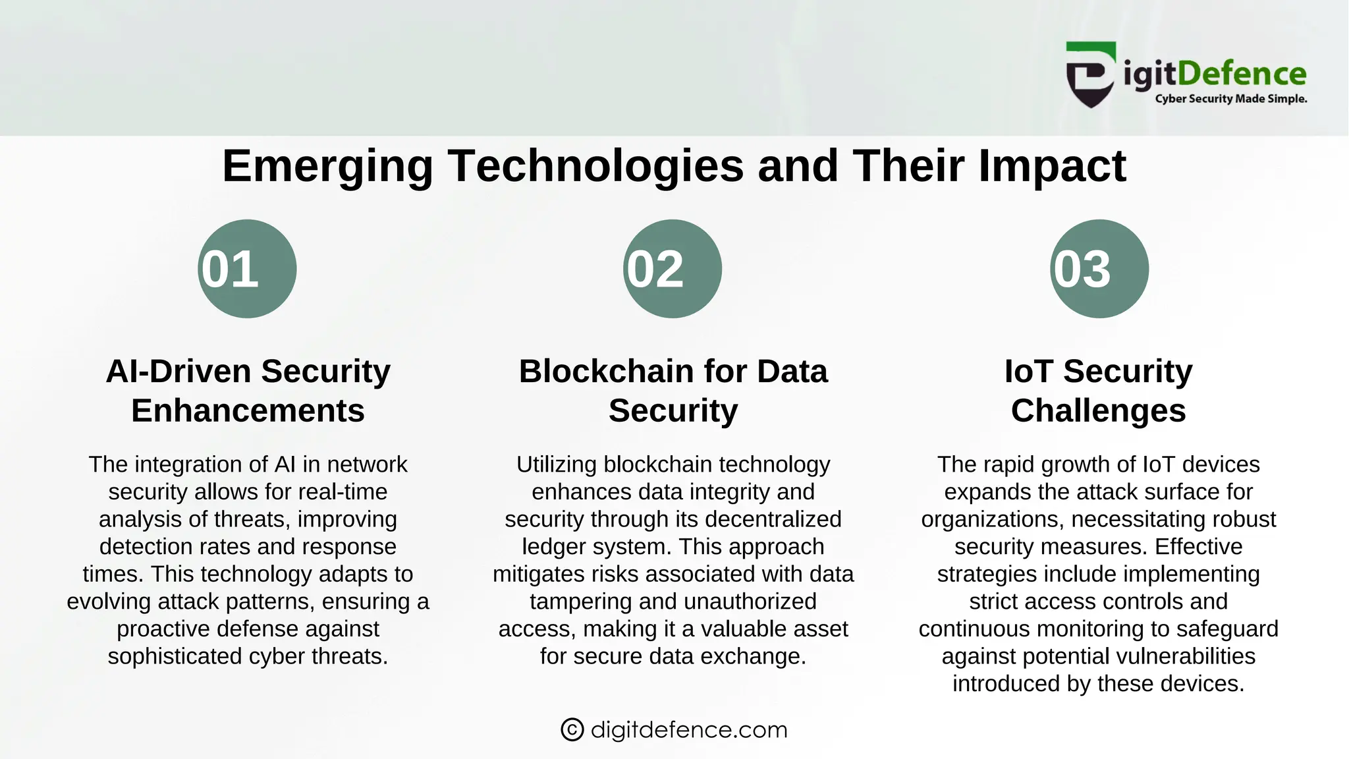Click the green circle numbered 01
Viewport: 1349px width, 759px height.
[x=247, y=269]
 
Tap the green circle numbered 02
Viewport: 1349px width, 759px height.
[x=673, y=269]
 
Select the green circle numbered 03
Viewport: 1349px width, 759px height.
[x=1099, y=269]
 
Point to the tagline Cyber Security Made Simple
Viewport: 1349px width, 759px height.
[x=1230, y=99]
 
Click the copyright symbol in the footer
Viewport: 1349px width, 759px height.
[x=572, y=730]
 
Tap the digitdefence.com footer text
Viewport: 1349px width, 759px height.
[x=689, y=730]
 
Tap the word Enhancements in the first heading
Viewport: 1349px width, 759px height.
[x=248, y=411]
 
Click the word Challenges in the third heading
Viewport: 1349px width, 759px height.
[x=1098, y=411]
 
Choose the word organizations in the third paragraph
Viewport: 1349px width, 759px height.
[x=991, y=520]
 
